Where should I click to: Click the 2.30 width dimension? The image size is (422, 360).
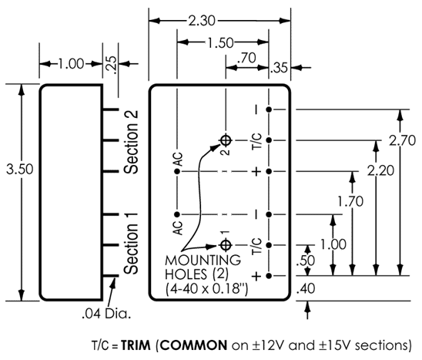[x=202, y=21]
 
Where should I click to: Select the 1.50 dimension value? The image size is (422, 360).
[x=220, y=43]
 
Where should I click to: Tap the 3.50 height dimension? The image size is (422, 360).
[x=20, y=170]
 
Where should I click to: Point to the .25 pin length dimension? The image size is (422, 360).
[x=113, y=65]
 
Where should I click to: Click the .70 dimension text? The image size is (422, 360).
[x=246, y=58]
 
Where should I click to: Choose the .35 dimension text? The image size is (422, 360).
[x=279, y=68]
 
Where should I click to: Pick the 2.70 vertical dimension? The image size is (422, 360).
[x=403, y=140]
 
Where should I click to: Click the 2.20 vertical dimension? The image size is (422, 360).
[x=381, y=170]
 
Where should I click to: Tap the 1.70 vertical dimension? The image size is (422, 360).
[x=350, y=201]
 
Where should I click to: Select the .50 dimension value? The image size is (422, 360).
[x=305, y=261]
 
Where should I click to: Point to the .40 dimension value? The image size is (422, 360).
[x=306, y=288]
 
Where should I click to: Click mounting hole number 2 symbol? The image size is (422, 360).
[x=226, y=140]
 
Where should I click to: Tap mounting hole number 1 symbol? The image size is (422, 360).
[x=226, y=245]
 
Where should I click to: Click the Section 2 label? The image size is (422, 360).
[x=131, y=142]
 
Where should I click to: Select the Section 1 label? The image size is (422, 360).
[x=131, y=244]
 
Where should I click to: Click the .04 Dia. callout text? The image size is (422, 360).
[x=106, y=314]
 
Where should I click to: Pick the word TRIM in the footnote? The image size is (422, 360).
[x=136, y=345]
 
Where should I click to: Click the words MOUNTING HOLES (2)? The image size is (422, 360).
[x=203, y=267]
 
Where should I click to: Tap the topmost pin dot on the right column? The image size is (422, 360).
[x=269, y=109]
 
